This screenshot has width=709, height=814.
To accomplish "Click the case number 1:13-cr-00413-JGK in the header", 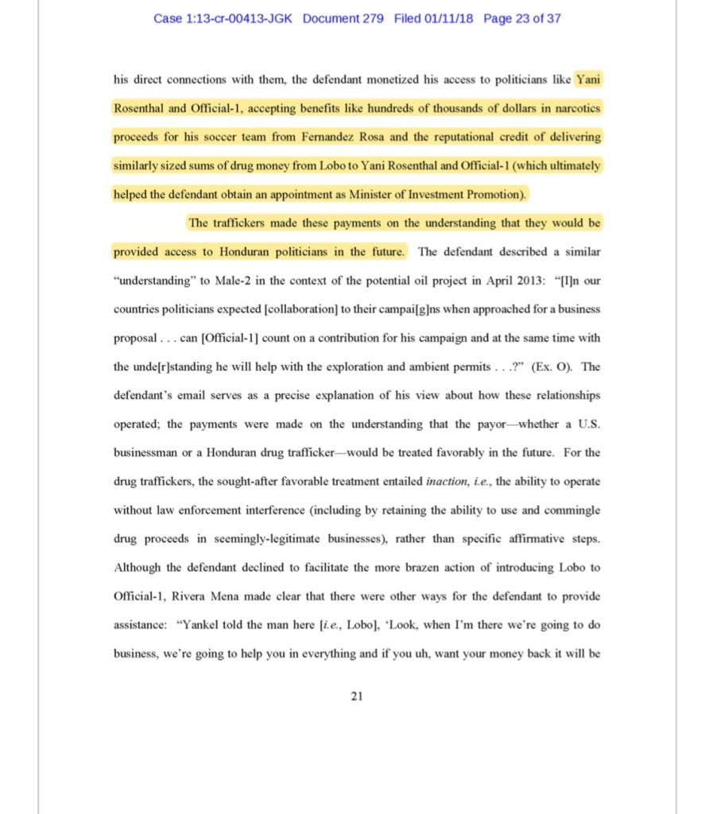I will [x=224, y=18].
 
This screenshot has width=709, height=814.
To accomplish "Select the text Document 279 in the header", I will [x=343, y=18].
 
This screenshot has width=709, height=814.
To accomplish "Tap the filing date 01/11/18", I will [x=447, y=18].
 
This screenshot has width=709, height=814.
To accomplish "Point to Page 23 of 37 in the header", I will [x=521, y=18].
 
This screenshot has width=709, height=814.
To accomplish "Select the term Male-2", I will [x=236, y=281].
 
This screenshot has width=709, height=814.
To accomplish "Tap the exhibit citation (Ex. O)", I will [x=548, y=367].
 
